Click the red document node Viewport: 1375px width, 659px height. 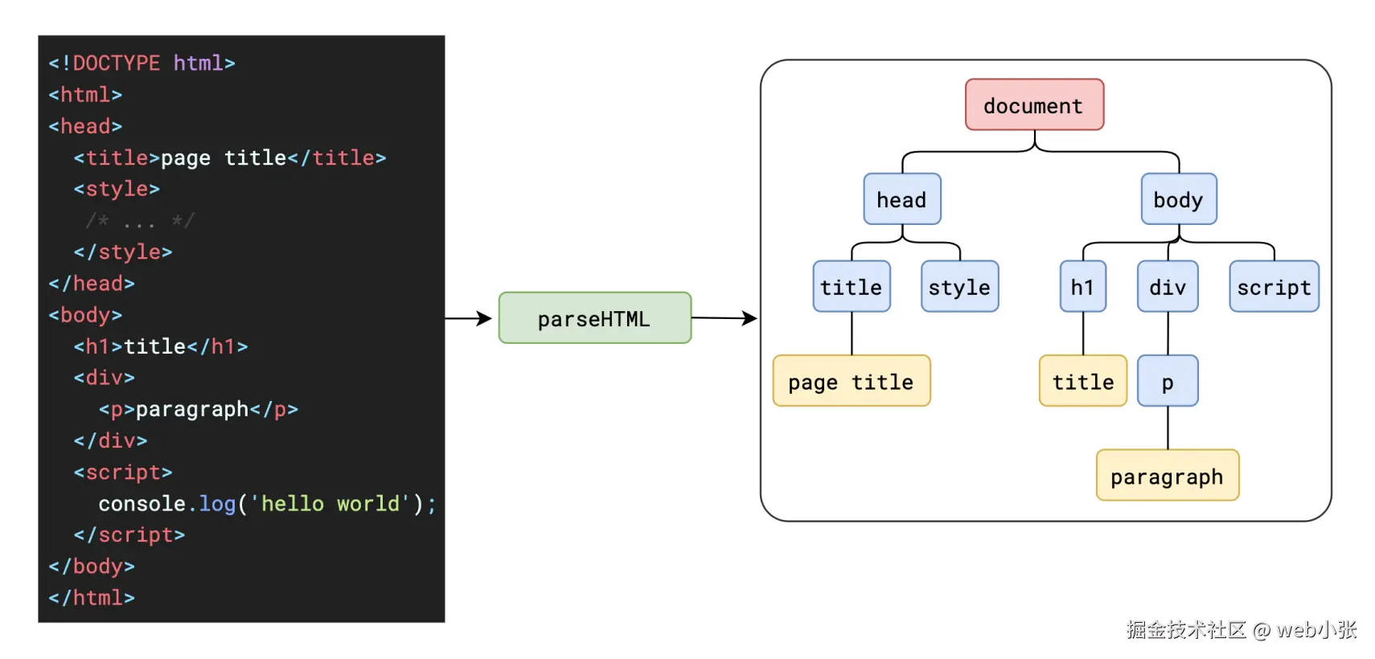1034,104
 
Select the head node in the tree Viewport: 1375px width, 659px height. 901,199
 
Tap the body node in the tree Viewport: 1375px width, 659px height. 1178,199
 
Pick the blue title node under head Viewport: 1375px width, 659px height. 851,287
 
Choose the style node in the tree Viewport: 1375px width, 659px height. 959,287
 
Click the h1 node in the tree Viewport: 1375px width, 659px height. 1082,287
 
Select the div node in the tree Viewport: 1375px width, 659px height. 1168,287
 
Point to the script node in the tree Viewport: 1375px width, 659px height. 1274,287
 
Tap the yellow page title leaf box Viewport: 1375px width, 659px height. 851,382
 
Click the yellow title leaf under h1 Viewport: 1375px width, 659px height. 1083,382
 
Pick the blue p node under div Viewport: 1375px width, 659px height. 1168,382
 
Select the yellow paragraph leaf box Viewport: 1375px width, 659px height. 1167,476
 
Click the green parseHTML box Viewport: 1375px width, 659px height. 594,318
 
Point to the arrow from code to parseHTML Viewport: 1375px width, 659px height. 469,318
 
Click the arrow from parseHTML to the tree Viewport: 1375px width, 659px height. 724,318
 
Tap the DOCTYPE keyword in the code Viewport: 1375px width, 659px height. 116,63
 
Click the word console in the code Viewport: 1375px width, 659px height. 142,504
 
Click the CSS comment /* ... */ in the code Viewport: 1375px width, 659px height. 140,220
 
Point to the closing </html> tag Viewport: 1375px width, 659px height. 92,598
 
